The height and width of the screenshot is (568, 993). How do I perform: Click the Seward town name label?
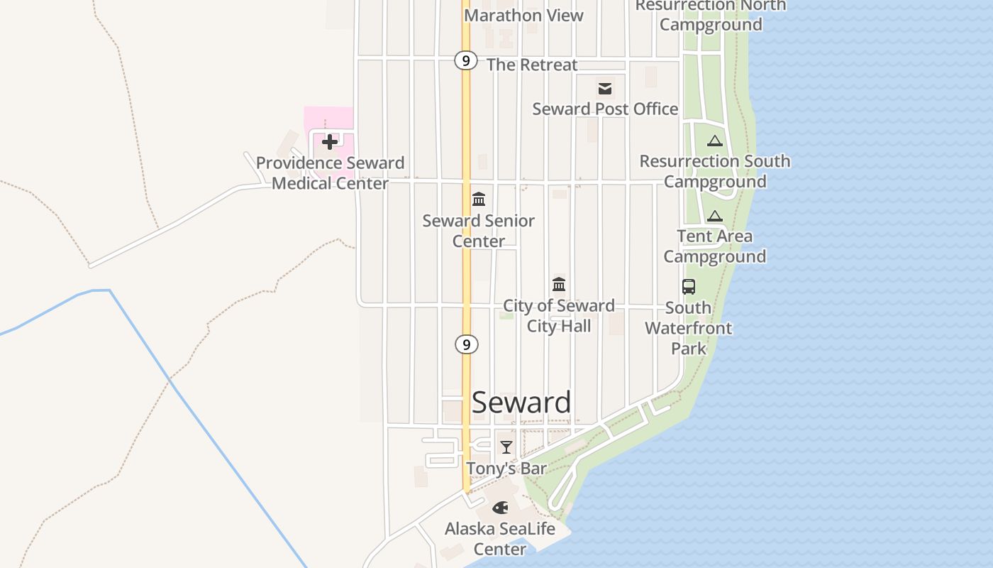click(x=521, y=403)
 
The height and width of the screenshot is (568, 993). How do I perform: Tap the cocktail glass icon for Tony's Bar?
click(x=506, y=447)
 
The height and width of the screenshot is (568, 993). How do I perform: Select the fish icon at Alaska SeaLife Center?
click(x=500, y=508)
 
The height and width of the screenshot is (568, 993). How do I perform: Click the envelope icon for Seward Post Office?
click(x=605, y=89)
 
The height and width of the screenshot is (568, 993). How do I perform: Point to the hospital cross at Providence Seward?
click(x=329, y=142)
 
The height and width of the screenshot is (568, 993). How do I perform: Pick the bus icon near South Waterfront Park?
click(x=689, y=287)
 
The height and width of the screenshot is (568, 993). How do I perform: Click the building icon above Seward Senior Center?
click(x=479, y=199)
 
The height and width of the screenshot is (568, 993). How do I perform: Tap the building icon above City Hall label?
click(x=559, y=284)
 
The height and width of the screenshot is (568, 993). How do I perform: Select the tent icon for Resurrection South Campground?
click(x=714, y=141)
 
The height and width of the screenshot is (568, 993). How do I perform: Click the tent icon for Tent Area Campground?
click(x=714, y=216)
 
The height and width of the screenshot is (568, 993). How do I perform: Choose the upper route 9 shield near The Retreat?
click(x=465, y=60)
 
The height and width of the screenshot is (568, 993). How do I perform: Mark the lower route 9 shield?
click(x=466, y=344)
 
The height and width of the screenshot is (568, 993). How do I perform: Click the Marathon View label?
click(x=523, y=15)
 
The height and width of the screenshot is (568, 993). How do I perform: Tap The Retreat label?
click(x=532, y=65)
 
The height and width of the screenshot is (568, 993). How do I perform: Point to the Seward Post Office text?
click(x=605, y=109)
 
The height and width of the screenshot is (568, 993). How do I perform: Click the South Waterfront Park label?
click(x=689, y=328)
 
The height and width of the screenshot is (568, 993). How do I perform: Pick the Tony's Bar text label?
click(x=506, y=469)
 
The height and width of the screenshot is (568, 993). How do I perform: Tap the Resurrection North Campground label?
click(x=711, y=15)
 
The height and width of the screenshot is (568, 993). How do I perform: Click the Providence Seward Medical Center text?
click(x=330, y=173)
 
